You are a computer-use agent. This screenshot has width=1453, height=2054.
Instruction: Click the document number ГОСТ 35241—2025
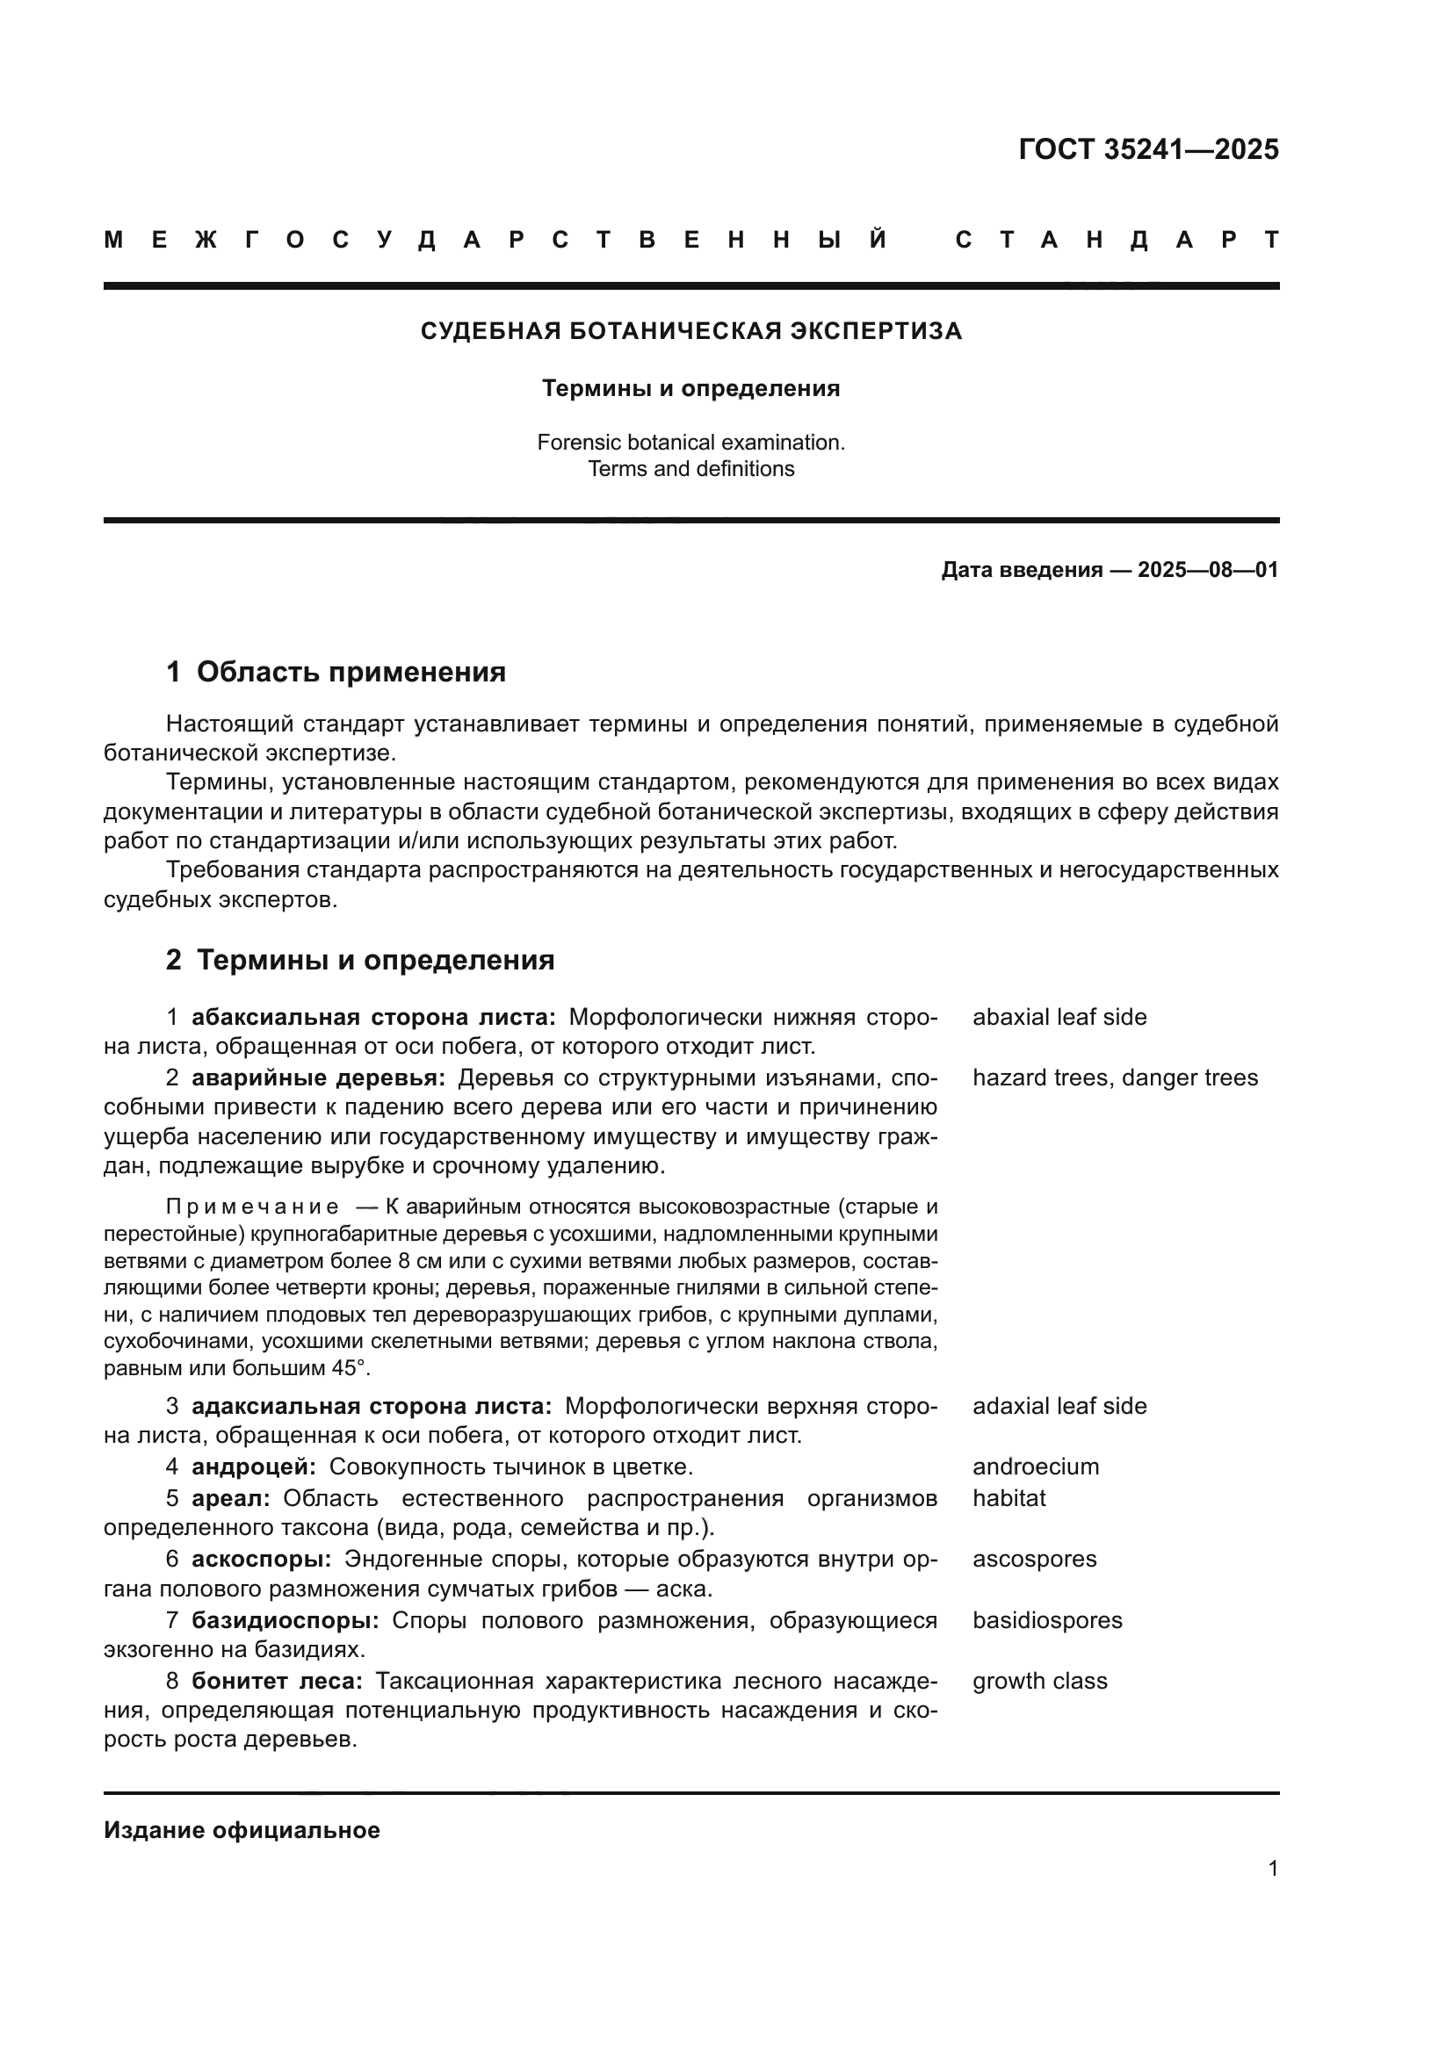[x=1148, y=149]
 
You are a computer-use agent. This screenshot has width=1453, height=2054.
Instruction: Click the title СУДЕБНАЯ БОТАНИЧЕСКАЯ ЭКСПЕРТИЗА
[x=690, y=331]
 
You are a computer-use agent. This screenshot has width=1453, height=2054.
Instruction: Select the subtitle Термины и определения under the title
[x=690, y=388]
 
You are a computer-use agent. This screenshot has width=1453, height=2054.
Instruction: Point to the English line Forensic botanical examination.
[x=690, y=442]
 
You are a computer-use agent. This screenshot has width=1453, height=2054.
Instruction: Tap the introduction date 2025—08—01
[x=1207, y=570]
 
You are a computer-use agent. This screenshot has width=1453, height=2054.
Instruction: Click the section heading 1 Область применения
[x=336, y=671]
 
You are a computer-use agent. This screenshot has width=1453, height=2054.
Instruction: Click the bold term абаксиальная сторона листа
[x=373, y=1017]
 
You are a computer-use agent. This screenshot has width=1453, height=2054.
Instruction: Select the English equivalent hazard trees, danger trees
[x=1115, y=1078]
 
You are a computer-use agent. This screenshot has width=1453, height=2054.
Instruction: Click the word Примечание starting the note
[x=252, y=1207]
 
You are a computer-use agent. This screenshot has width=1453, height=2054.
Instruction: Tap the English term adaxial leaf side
[x=1059, y=1406]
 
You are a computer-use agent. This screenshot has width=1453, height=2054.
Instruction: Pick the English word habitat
[x=1008, y=1498]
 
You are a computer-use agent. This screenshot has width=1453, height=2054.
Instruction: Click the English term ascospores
[x=1034, y=1560]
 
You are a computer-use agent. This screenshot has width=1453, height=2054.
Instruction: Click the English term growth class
[x=1039, y=1681]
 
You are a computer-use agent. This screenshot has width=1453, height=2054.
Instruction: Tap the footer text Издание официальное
[x=242, y=1830]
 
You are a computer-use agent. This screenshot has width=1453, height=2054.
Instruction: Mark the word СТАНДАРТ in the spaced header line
[x=1117, y=240]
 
